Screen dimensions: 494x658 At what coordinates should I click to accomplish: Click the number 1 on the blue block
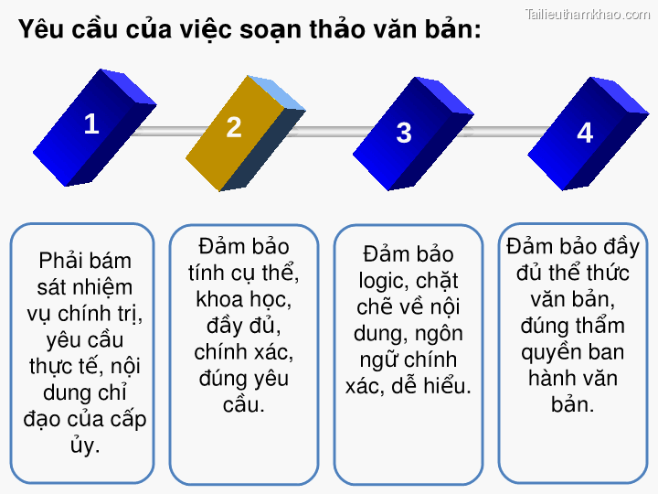(x=90, y=123)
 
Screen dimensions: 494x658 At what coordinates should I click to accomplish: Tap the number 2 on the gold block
(x=234, y=127)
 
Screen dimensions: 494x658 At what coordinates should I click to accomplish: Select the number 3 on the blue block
(x=404, y=133)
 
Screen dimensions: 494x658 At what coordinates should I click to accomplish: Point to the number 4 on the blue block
(x=585, y=133)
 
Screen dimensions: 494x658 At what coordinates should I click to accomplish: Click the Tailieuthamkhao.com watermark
(x=588, y=14)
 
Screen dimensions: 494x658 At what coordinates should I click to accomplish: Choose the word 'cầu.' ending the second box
(x=244, y=403)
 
